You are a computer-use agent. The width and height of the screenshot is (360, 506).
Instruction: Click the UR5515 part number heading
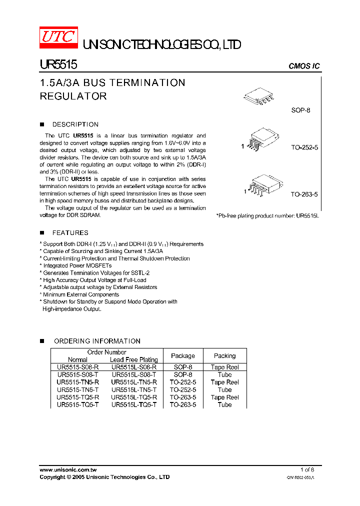tap(58, 65)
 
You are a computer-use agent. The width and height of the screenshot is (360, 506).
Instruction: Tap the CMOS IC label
tap(304, 66)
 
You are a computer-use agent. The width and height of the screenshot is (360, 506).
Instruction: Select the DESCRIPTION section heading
tap(75, 124)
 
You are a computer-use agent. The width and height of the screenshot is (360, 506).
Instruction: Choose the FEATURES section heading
tap(70, 233)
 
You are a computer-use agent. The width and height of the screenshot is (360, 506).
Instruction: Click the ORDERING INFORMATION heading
tap(96, 341)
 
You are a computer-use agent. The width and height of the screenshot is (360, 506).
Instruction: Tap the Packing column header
tap(224, 356)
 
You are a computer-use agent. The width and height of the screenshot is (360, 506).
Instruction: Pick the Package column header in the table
tap(183, 356)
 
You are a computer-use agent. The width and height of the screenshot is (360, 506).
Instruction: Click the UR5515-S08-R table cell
tap(78, 367)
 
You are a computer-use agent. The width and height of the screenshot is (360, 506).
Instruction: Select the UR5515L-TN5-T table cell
tap(134, 390)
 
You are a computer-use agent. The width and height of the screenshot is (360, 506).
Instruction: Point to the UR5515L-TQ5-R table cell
tap(134, 397)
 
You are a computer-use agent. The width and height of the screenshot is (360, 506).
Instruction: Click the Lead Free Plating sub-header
tap(133, 360)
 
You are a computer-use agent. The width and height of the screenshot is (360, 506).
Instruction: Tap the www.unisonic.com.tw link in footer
tap(68, 470)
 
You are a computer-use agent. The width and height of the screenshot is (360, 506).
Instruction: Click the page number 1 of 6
tap(307, 470)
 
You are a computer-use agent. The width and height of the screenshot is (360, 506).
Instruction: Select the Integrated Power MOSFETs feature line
tap(77, 266)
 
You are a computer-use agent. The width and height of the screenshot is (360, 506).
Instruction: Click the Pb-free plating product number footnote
tap(267, 215)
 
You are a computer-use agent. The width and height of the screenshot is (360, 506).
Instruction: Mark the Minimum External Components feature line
tap(80, 294)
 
